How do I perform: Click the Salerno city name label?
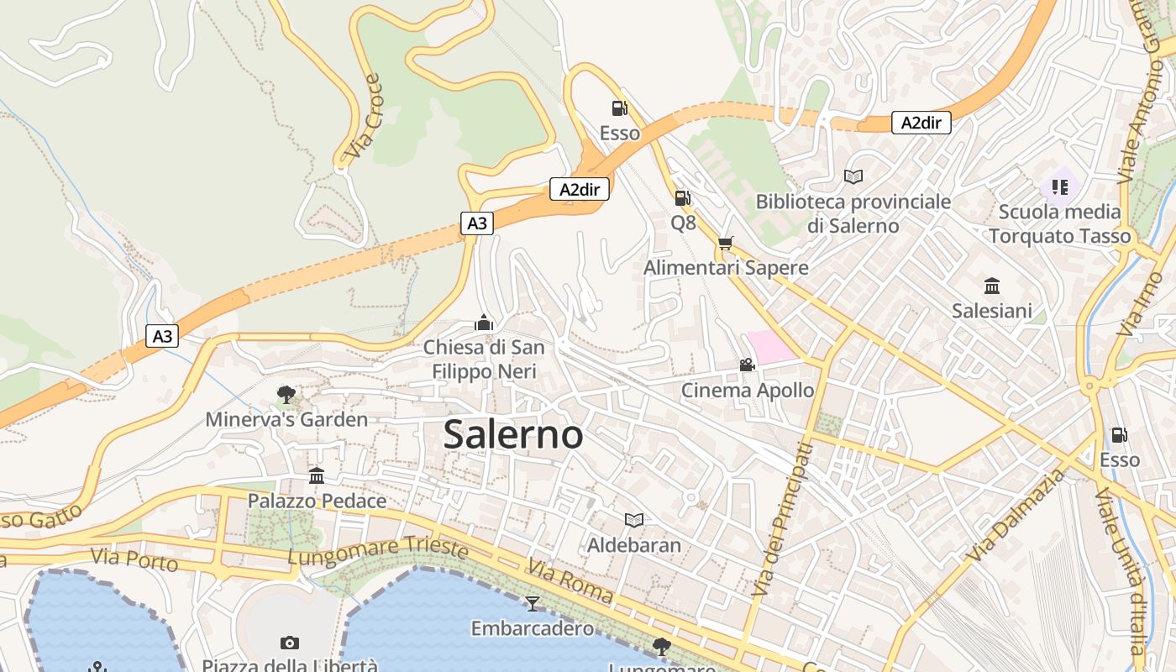[513, 434]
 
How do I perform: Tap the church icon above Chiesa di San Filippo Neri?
[484, 322]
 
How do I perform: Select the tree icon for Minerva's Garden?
[286, 394]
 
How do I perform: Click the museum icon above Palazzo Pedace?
[317, 476]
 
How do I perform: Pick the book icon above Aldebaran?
[634, 520]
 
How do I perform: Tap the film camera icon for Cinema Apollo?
[747, 365]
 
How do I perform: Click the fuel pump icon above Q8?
[683, 198]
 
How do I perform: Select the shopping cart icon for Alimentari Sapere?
[726, 243]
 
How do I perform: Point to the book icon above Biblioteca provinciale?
[853, 176]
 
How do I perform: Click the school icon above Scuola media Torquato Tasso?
[1059, 186]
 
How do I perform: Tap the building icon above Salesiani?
[992, 286]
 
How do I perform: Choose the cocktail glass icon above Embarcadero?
[532, 603]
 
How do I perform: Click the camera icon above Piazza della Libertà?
[290, 643]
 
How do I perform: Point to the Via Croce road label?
[364, 117]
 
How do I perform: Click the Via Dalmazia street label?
[1016, 516]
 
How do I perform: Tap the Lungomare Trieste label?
[377, 551]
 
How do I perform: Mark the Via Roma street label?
[570, 580]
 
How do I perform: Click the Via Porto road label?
[134, 559]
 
